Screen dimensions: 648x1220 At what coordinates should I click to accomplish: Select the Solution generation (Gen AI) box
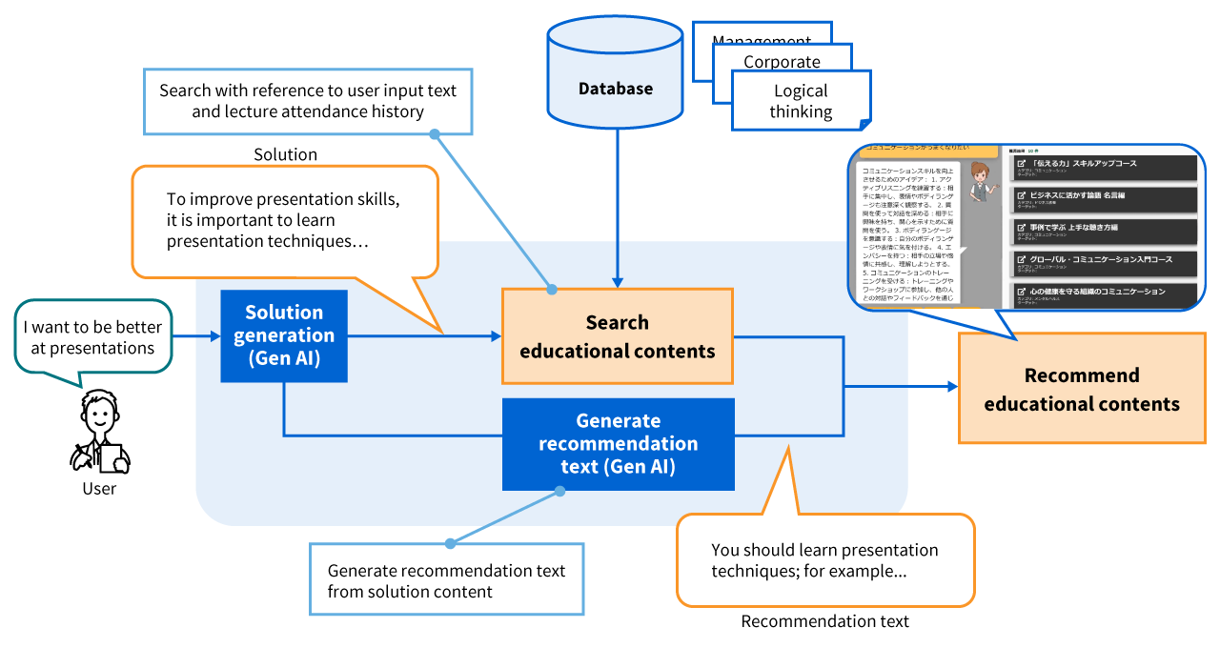(284, 335)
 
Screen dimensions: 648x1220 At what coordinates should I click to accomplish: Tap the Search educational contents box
(617, 336)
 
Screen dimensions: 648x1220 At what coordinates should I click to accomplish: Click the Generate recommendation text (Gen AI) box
(618, 444)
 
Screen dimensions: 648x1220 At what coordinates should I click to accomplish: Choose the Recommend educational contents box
(1082, 389)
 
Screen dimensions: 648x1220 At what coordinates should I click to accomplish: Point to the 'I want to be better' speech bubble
(93, 337)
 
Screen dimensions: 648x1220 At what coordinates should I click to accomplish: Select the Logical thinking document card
(801, 101)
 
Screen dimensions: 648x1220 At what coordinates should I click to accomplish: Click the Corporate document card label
(782, 62)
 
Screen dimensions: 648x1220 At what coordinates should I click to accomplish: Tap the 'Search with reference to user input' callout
(307, 101)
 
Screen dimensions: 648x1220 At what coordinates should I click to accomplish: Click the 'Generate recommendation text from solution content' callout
(446, 579)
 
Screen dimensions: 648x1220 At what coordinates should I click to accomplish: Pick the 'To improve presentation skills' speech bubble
(284, 220)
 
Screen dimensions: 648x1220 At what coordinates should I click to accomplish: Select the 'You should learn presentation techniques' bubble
(825, 561)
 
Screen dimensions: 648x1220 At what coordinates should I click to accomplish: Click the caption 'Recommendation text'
(824, 621)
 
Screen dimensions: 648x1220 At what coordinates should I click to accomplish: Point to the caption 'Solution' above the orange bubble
(285, 154)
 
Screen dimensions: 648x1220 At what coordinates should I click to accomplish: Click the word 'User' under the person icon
(99, 489)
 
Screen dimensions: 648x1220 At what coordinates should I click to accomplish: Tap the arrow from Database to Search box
(617, 210)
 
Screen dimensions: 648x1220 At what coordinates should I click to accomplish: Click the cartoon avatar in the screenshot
(979, 183)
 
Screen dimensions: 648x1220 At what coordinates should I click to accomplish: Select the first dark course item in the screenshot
(1103, 168)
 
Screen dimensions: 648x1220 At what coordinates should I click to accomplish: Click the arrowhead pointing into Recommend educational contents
(950, 387)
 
